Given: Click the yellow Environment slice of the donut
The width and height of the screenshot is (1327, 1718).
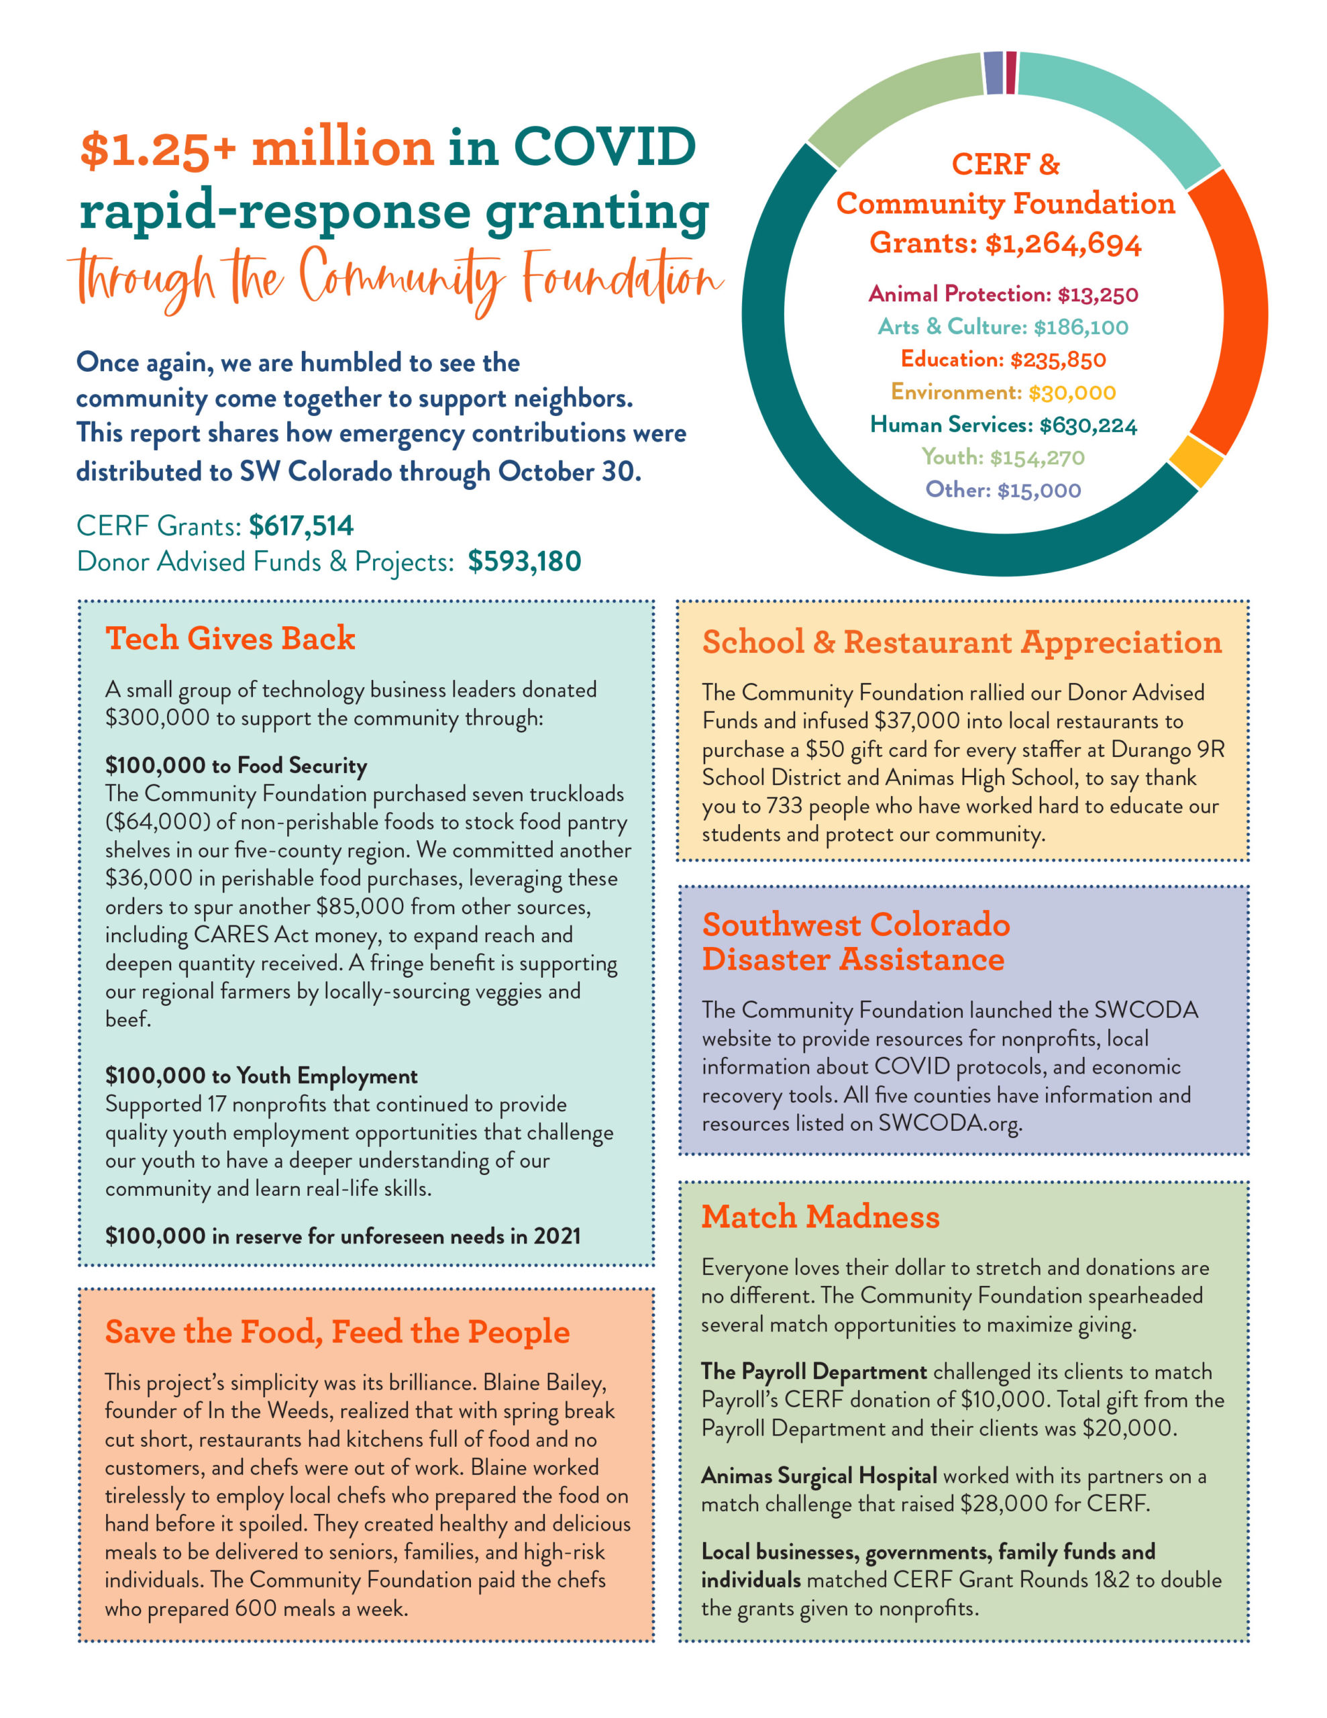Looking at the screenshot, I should [1196, 461].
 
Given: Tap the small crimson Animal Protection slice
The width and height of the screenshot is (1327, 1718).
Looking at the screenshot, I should [1011, 72].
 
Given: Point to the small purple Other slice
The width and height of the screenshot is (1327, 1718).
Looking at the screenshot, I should [994, 73].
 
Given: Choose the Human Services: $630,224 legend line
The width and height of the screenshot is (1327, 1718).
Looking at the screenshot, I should [1003, 425].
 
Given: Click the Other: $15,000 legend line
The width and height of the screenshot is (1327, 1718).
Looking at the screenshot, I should [1003, 490].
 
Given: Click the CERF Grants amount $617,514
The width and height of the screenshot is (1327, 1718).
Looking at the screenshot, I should [301, 525].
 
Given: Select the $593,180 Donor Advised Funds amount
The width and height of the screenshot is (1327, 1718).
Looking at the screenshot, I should [524, 562].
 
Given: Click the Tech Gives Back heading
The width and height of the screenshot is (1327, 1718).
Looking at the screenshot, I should [231, 638].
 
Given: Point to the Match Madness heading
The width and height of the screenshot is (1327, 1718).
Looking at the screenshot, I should [820, 1217].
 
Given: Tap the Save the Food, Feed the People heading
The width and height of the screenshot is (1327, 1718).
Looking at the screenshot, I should [337, 1331].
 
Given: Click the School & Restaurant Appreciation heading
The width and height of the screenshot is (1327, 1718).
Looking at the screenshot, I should [962, 642].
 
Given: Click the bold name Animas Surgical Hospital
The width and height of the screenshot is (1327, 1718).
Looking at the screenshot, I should [819, 1476].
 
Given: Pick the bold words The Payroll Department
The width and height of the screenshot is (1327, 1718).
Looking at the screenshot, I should [814, 1372].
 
